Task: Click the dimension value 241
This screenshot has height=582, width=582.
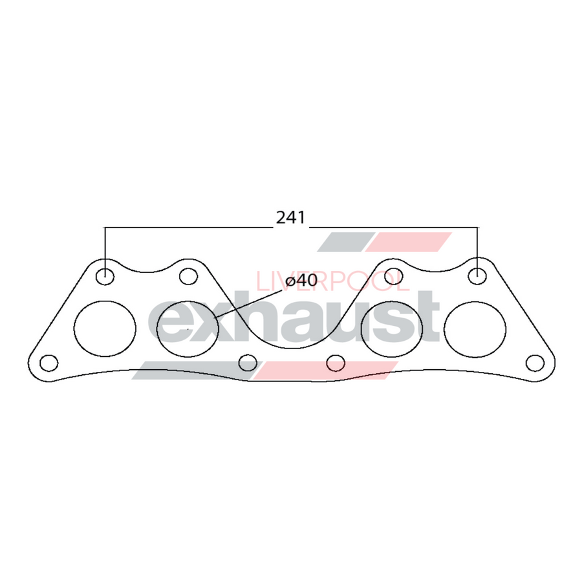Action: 290,218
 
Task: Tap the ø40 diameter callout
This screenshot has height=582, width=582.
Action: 301,281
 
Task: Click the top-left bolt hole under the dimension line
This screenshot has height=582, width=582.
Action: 105,276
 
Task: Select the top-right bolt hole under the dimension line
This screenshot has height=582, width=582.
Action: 477,275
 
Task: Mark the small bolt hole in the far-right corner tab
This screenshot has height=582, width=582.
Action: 534,363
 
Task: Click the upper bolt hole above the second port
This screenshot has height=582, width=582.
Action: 188,277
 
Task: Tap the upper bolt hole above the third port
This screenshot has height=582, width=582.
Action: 393,277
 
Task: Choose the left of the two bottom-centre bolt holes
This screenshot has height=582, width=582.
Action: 248,363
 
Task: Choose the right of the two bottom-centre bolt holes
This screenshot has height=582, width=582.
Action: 335,363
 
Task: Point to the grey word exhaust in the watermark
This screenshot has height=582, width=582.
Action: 294,320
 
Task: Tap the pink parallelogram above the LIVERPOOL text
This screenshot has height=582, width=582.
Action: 409,242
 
